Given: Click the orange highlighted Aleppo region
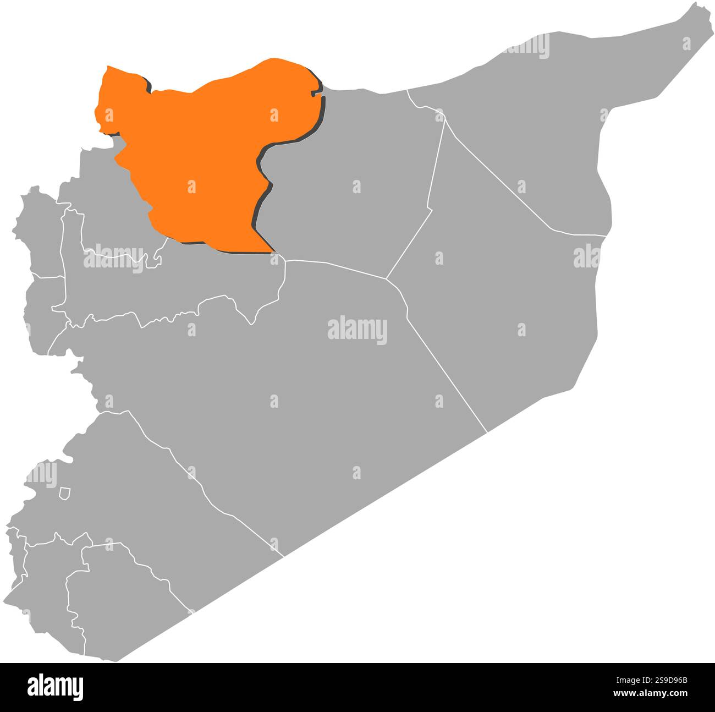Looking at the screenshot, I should (x=204, y=149).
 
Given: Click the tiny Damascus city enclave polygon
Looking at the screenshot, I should (x=65, y=494).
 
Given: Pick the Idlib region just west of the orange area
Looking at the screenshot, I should (x=110, y=209).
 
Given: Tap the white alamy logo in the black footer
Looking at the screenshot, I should (x=55, y=687).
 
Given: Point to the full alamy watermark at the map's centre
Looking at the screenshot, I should (x=358, y=331).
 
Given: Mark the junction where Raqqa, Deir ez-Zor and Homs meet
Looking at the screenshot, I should (x=386, y=278).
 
